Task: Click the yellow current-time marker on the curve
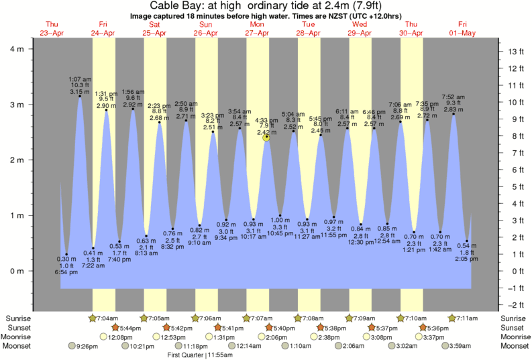(x=266, y=137)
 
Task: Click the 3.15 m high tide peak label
(x=79, y=92)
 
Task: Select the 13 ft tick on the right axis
(x=514, y=52)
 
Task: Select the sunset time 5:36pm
(x=436, y=328)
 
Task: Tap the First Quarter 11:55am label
(x=200, y=356)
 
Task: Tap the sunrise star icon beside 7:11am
(x=452, y=318)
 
